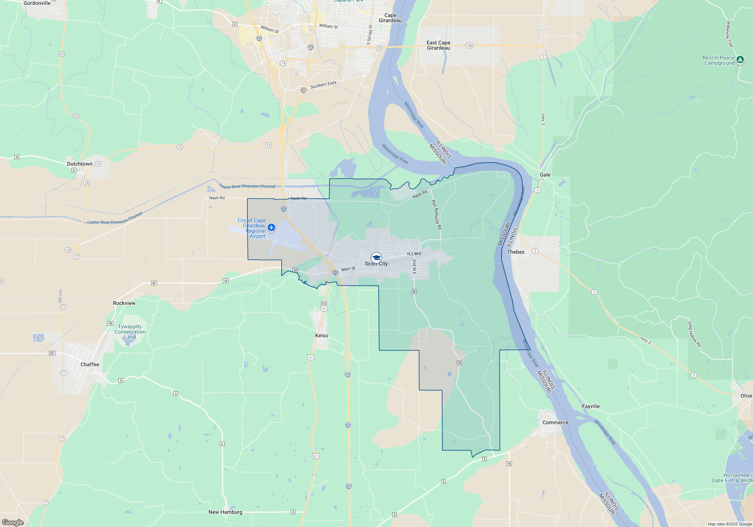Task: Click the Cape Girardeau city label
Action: coord(390,18)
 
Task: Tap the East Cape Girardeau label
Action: coord(438,46)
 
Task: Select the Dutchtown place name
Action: coord(79,164)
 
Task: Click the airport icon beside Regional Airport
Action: coord(271,227)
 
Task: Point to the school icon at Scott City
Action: coord(376,258)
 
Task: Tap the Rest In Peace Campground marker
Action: coord(740,59)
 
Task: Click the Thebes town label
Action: coord(515,252)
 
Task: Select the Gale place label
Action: coord(545,175)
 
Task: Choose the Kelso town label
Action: coord(322,335)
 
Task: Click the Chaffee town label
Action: coord(90,364)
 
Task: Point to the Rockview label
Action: coord(124,303)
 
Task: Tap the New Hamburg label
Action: coord(225,512)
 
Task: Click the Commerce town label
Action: coord(555,422)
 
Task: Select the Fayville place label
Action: coord(591,406)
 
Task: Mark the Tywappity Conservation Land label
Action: coord(130,332)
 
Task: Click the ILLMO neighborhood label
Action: coord(414,254)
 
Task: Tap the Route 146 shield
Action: coord(469,46)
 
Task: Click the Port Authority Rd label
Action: coord(436,215)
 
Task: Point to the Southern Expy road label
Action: coord(323,85)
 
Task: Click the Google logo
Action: coord(13,522)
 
